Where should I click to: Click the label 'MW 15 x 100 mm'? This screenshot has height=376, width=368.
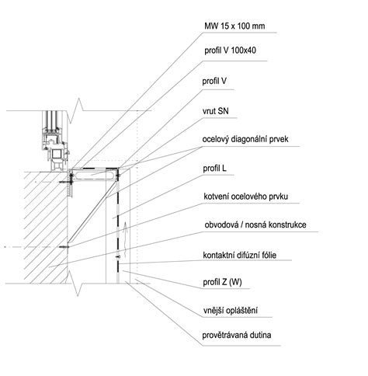tap(234, 26)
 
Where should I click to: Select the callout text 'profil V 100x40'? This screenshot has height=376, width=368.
tap(230, 50)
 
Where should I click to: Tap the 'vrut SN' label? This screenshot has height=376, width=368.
tap(216, 111)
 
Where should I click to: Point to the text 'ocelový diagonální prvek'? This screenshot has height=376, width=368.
tap(245, 139)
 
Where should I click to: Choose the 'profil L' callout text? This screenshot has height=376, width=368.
tap(214, 169)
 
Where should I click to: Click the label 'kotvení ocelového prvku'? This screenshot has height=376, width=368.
tap(245, 197)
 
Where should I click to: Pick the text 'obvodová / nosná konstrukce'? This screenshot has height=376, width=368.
tap(255, 225)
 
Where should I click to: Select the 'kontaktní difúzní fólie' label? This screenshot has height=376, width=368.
tap(240, 256)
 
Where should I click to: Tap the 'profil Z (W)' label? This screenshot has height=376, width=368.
tap(222, 282)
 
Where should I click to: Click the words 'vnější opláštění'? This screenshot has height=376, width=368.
tap(230, 311)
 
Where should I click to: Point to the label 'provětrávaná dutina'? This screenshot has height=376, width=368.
tap(237, 336)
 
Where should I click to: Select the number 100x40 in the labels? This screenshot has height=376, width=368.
tap(243, 50)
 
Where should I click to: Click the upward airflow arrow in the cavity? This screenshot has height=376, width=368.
tap(125, 239)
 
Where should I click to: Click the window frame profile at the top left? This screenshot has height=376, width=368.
tap(55, 141)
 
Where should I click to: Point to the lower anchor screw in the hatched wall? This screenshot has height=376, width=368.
tap(64, 247)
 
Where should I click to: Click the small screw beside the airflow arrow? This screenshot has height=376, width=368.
tap(118, 256)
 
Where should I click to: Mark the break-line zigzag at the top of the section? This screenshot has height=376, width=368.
tap(76, 111)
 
